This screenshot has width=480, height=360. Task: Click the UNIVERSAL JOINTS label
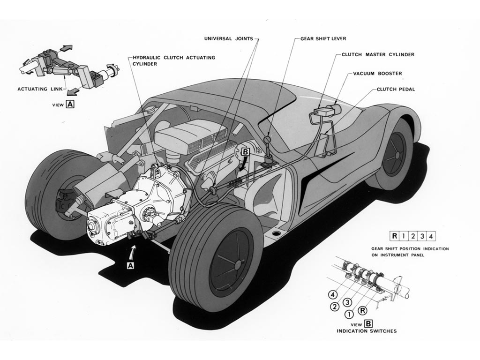pyautogui.click(x=229, y=39)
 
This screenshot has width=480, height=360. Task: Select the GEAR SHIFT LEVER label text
pyautogui.click(x=323, y=39)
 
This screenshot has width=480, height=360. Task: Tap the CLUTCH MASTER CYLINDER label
pyautogui.click(x=378, y=55)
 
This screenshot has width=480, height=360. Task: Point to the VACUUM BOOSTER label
pyautogui.click(x=377, y=74)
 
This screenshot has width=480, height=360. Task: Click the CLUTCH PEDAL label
pyautogui.click(x=396, y=89)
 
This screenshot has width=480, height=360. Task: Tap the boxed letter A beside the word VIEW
pyautogui.click(x=70, y=105)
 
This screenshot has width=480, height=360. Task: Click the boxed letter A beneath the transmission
pyautogui.click(x=130, y=265)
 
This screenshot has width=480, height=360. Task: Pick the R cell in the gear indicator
pyautogui.click(x=395, y=236)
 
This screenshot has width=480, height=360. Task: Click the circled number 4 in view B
pyautogui.click(x=333, y=295)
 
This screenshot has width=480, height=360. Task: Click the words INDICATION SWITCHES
pyautogui.click(x=367, y=331)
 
